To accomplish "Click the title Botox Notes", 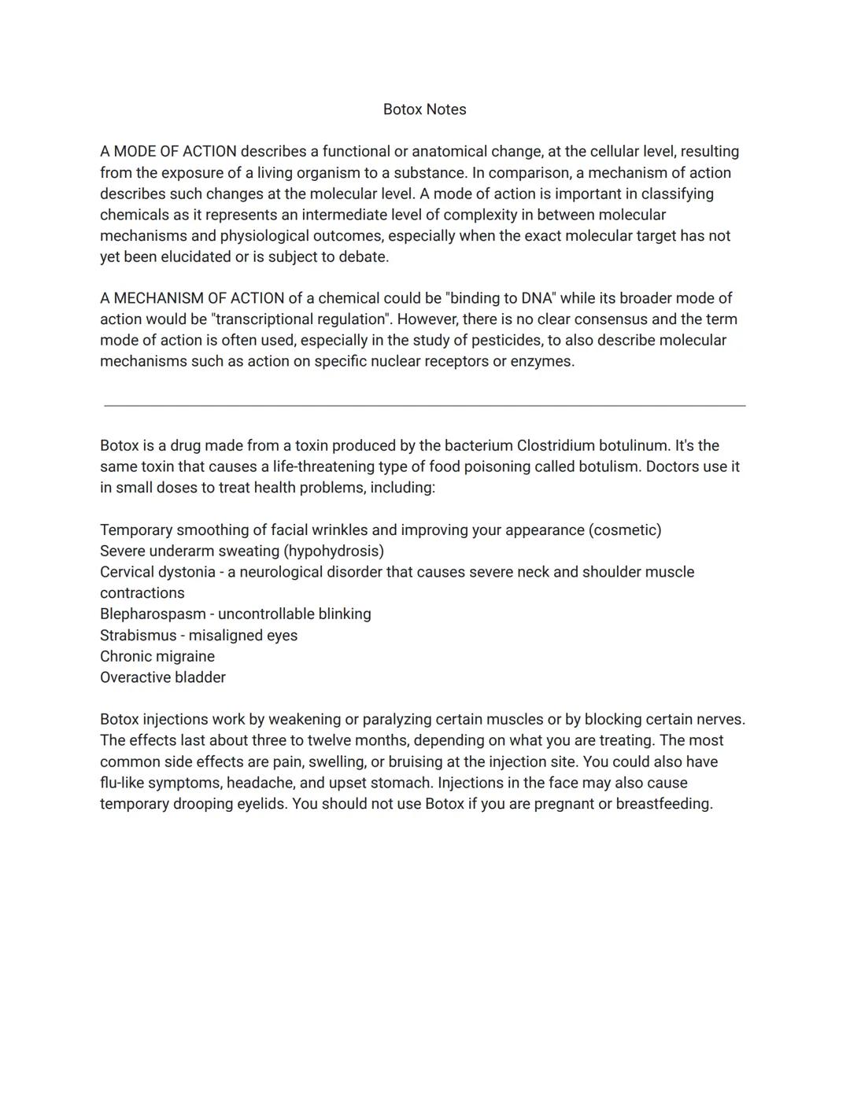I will click(424, 109).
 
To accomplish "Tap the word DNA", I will click(538, 298).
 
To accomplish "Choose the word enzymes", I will click(542, 361).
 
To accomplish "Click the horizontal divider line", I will click(424, 406).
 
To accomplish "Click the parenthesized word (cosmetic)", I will click(625, 529).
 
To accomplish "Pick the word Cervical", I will click(128, 572).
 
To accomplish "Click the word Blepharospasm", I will click(153, 614).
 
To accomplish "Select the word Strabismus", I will click(139, 635).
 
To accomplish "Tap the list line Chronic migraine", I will click(157, 656).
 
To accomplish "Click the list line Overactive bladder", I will click(163, 677).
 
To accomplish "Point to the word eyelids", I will click(260, 804).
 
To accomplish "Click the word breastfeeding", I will click(663, 804).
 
